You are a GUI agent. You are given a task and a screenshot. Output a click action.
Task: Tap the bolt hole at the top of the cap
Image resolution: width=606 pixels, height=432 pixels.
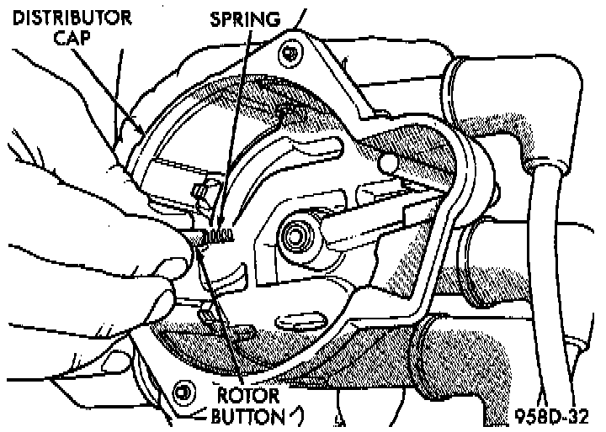(289, 54)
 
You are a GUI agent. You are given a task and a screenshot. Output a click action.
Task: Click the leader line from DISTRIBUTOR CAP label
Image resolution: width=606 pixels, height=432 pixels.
(118, 92)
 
